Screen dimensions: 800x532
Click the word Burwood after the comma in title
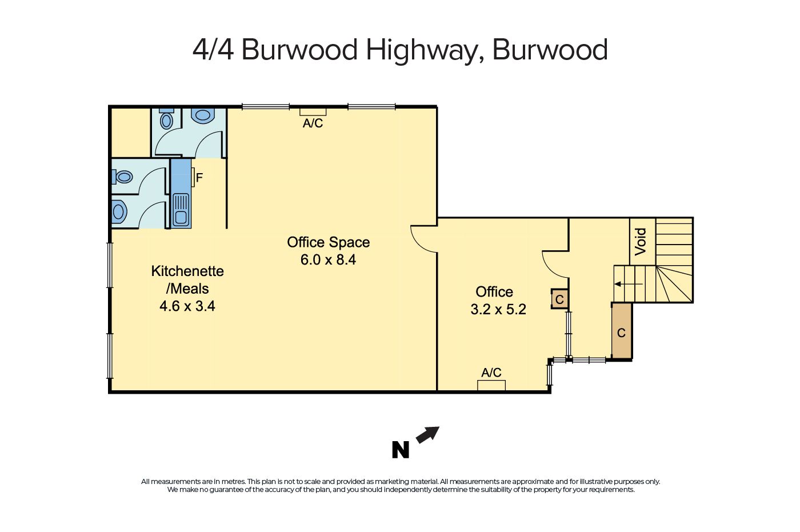(550, 50)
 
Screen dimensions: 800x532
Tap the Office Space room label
(328, 242)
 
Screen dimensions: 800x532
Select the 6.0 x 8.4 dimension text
(328, 259)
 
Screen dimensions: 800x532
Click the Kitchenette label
(187, 271)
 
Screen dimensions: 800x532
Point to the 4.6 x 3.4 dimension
(187, 306)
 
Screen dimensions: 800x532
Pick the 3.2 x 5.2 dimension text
(498, 309)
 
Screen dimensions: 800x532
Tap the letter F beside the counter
(199, 178)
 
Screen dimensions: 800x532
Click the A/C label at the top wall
(313, 123)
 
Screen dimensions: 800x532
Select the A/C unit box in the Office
(491, 385)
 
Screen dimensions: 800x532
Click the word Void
(641, 242)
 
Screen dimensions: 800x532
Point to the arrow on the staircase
(629, 284)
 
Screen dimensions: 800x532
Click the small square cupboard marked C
(559, 299)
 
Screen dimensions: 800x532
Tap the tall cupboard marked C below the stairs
(622, 331)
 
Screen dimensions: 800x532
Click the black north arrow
(428, 434)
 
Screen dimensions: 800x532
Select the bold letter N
(401, 450)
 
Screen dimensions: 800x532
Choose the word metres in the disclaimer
(233, 481)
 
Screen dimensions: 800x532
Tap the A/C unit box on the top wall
(313, 112)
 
